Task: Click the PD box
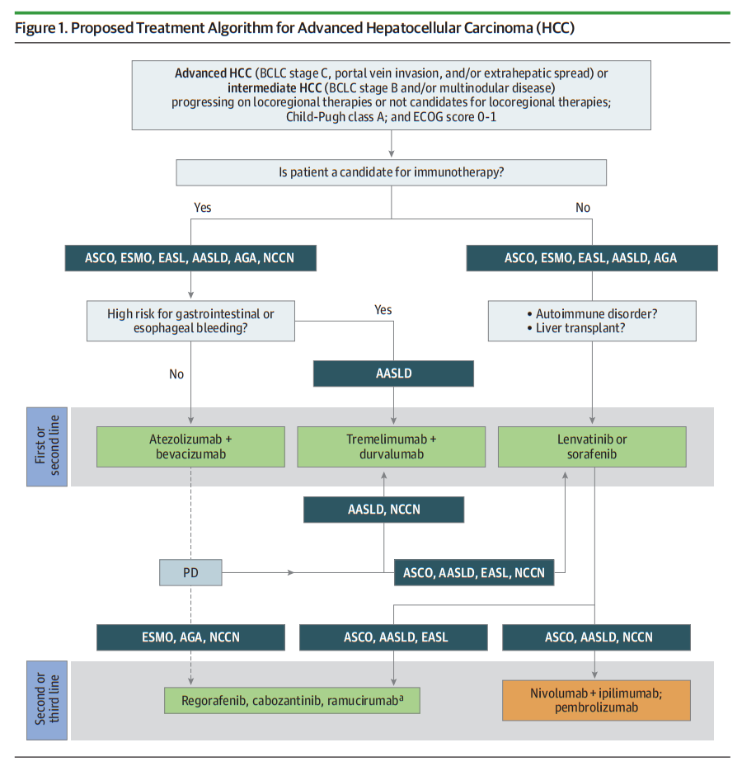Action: tap(190, 572)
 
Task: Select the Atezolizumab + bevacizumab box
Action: tap(190, 447)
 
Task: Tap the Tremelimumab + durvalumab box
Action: tap(392, 447)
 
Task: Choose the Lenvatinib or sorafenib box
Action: tap(592, 447)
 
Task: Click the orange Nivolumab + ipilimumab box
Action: tap(596, 700)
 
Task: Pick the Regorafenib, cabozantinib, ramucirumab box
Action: tap(292, 701)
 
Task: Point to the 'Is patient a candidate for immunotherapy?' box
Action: tap(392, 172)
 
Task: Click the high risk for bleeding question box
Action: tap(190, 321)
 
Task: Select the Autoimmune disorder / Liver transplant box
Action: tap(592, 321)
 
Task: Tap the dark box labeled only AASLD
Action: tap(394, 374)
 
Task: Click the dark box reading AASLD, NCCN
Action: tap(384, 510)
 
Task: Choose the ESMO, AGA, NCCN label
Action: tap(190, 637)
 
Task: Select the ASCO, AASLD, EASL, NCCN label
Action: tap(474, 572)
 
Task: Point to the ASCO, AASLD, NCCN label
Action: tap(596, 637)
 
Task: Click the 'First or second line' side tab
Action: tap(47, 447)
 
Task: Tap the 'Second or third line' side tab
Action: tap(47, 700)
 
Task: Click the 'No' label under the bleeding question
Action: tap(176, 374)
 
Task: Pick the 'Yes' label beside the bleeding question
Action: tap(383, 310)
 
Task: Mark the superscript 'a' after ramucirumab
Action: tap(402, 698)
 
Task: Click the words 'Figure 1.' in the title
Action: tap(41, 28)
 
